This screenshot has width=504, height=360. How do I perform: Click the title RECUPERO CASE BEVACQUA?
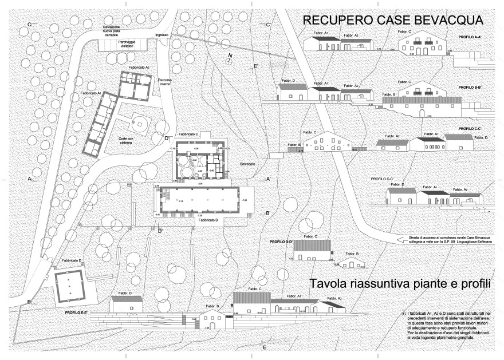click(393, 21)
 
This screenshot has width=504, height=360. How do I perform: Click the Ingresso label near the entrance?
click(162, 35)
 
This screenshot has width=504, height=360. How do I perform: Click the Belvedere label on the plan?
click(247, 165)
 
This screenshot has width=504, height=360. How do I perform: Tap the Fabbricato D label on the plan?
click(72, 260)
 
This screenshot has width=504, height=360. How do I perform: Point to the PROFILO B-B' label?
click(470, 88)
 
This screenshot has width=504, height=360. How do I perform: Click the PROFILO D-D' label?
click(281, 242)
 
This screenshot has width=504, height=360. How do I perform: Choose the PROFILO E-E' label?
click(76, 312)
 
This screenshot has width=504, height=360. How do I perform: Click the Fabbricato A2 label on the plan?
click(139, 68)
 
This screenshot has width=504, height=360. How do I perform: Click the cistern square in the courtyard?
click(138, 123)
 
